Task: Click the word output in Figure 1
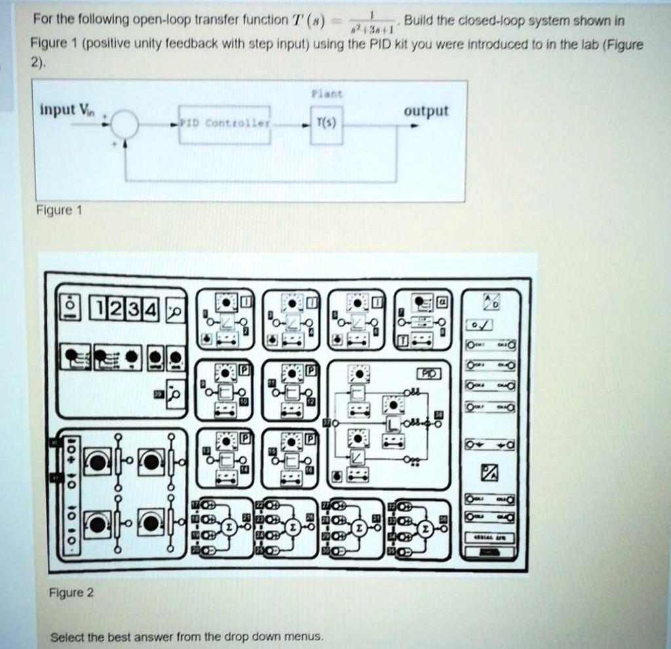[x=426, y=111]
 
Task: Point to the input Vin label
[x=67, y=109]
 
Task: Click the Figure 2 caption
[x=72, y=593]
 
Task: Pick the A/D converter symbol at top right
[x=491, y=302]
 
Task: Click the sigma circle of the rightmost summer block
[x=427, y=528]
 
